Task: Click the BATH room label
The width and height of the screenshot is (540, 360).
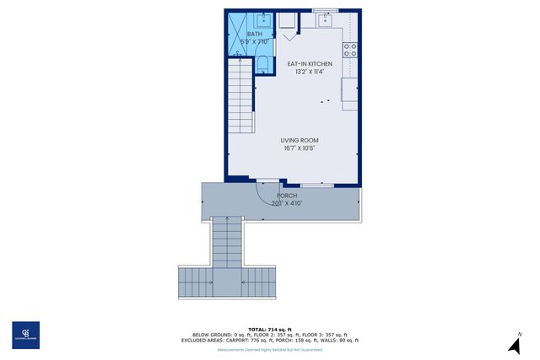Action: tap(242, 34)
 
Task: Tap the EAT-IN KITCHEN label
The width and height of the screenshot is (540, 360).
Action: tap(310, 64)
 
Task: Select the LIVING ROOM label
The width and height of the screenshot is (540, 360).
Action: tap(300, 141)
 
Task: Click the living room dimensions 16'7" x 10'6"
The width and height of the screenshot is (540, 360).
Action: tap(300, 149)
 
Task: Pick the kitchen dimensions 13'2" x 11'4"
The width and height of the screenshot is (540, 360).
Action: tap(310, 72)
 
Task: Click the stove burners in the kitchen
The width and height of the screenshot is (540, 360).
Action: tap(350, 49)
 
